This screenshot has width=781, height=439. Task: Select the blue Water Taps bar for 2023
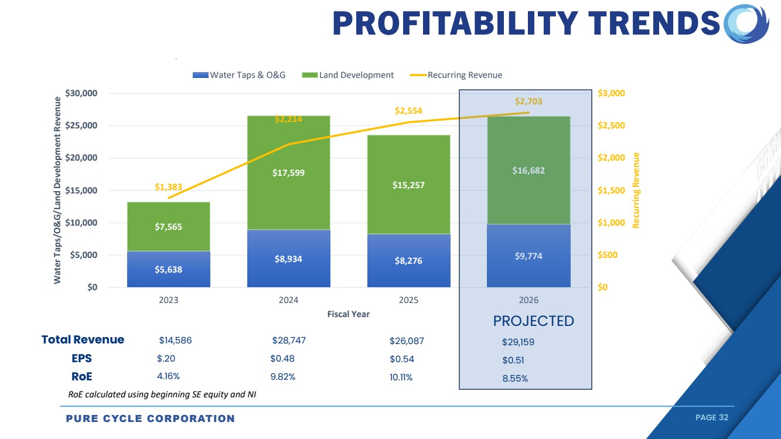pos(169,269)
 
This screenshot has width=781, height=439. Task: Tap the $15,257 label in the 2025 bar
pos(408,185)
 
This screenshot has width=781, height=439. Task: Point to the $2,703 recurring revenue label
pos(528,101)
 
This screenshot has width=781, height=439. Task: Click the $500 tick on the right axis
pos(606,255)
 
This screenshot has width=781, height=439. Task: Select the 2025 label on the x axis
pos(408,300)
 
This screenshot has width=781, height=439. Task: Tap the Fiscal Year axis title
pos(348,314)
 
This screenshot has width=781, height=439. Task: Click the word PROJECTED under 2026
pos(533,321)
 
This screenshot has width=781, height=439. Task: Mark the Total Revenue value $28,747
pos(289,341)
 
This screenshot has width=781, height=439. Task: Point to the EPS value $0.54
pos(402,359)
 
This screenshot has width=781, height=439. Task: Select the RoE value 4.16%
pos(168,376)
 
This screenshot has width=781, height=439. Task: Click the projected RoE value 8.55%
pos(515,379)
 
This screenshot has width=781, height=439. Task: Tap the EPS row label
pos(82,359)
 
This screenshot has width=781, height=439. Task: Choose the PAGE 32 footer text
pos(711,417)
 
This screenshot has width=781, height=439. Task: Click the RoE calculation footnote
pos(162,394)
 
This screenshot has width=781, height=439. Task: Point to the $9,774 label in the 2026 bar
pos(528,256)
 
